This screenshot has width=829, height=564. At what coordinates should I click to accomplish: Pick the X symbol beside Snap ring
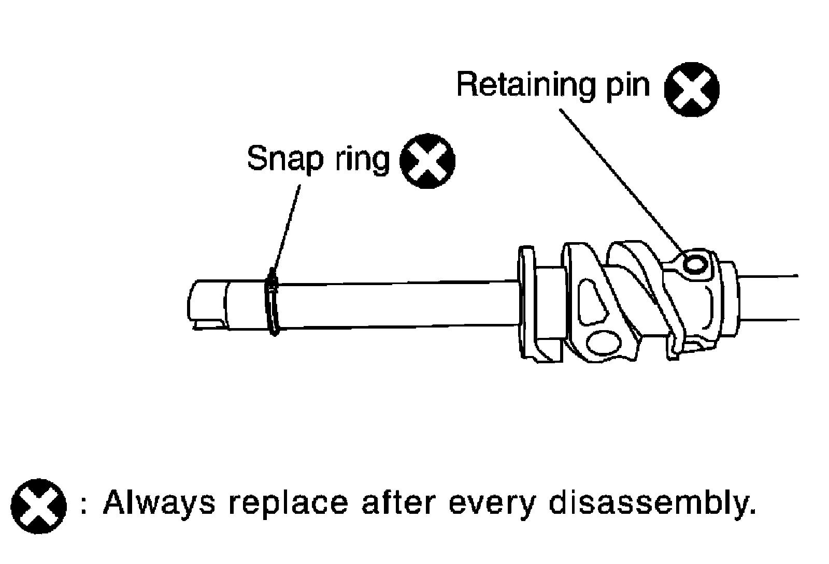(427, 161)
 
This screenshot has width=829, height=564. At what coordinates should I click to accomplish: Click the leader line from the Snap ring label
(288, 228)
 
